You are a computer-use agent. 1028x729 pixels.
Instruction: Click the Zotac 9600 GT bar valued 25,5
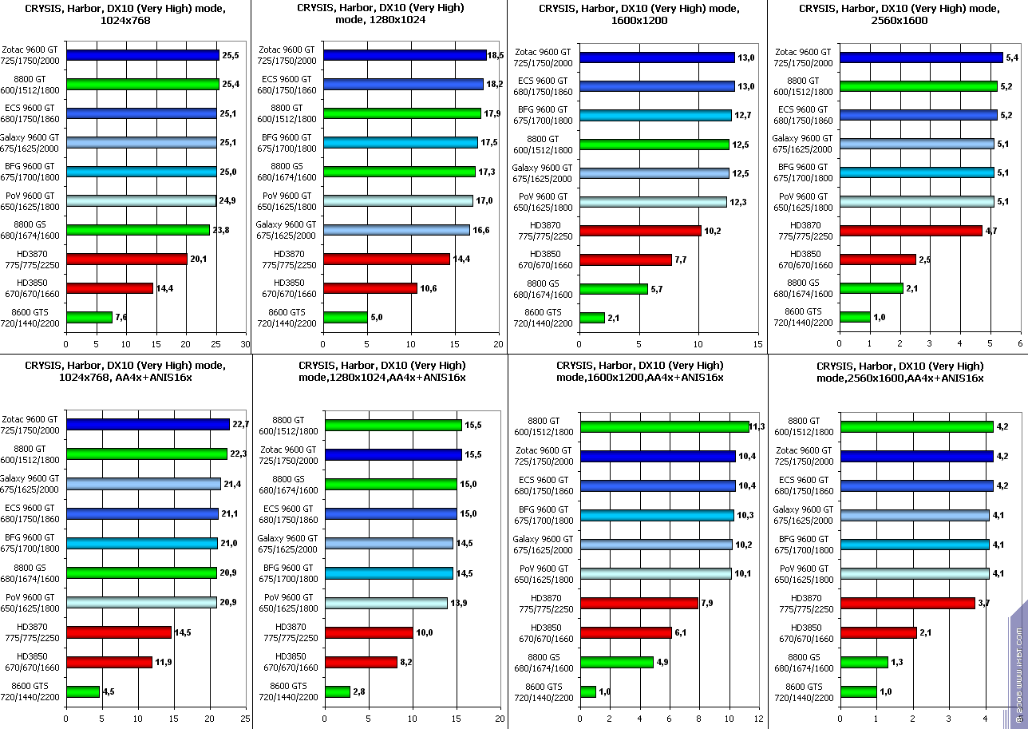pyautogui.click(x=142, y=55)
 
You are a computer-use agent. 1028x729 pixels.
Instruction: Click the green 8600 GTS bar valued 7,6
pyautogui.click(x=89, y=317)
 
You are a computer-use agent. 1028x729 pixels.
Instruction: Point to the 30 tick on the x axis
pyautogui.click(x=245, y=345)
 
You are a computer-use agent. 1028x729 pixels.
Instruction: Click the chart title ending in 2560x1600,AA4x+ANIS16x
pyautogui.click(x=899, y=371)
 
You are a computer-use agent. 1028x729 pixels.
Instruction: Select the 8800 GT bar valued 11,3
pyautogui.click(x=664, y=426)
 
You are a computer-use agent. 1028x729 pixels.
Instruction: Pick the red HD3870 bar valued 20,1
pyautogui.click(x=126, y=259)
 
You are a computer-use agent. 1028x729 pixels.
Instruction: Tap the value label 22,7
pyautogui.click(x=239, y=424)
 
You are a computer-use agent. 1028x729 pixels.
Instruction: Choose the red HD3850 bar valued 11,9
pyautogui.click(x=109, y=662)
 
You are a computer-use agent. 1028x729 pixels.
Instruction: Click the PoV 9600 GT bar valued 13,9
pyautogui.click(x=386, y=603)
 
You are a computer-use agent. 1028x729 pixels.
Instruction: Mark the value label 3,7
pyautogui.click(x=984, y=603)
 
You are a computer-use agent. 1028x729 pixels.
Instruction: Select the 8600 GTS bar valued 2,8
pyautogui.click(x=338, y=691)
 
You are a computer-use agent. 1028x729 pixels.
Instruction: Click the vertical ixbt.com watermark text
pyautogui.click(x=1019, y=671)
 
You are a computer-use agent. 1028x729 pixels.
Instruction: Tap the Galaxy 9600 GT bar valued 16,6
pyautogui.click(x=397, y=230)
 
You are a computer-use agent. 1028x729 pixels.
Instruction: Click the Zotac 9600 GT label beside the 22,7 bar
pyautogui.click(x=30, y=424)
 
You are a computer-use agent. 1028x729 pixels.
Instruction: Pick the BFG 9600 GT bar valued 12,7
pyautogui.click(x=655, y=115)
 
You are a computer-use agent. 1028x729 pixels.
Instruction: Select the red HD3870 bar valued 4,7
pyautogui.click(x=911, y=231)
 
